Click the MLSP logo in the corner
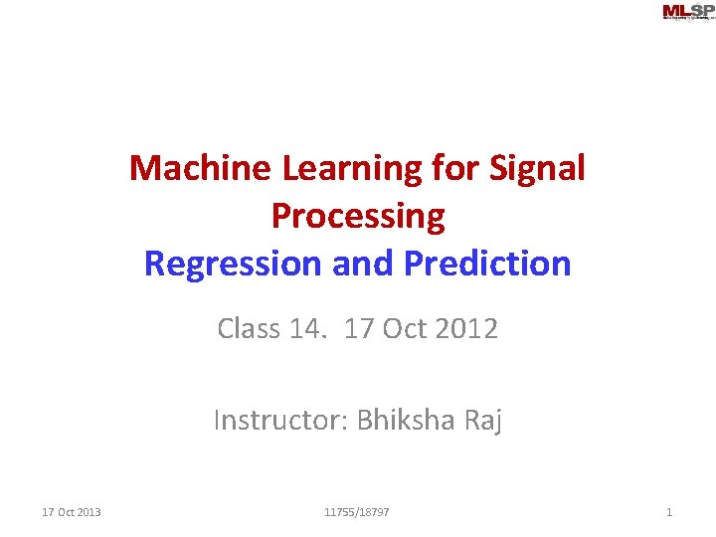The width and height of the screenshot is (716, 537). point(687,12)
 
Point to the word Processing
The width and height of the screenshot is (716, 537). point(357,216)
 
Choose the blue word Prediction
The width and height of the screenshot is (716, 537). point(487,264)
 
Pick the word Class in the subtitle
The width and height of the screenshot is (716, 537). point(249,328)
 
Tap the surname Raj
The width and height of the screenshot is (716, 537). point(483,421)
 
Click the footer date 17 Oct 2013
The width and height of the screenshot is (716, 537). point(72,512)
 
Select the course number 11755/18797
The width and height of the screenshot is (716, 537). point(357,512)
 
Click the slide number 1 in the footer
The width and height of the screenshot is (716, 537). point(669,512)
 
